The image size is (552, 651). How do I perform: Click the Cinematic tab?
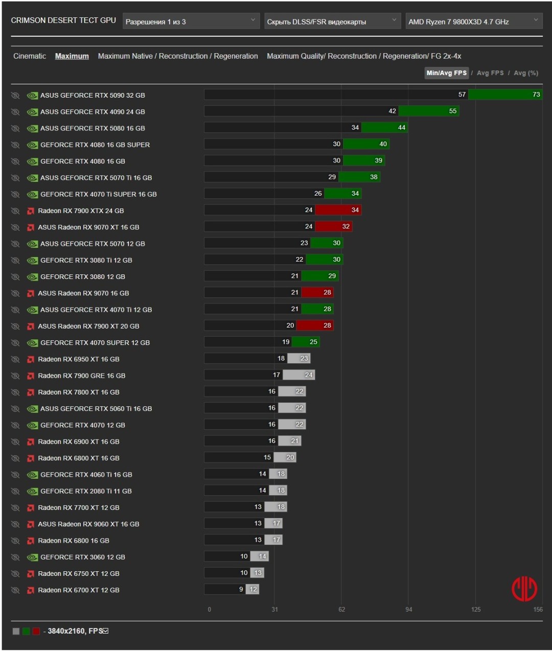(30, 56)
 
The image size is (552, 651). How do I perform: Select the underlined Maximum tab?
(72, 56)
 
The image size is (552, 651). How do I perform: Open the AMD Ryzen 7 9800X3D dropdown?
(473, 21)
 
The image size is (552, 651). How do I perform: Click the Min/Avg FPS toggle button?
(446, 73)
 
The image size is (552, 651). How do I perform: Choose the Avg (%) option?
(526, 73)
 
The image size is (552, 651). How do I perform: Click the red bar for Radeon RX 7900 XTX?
(338, 210)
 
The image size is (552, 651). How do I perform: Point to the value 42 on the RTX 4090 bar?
(392, 111)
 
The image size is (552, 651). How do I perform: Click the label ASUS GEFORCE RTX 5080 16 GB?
(93, 128)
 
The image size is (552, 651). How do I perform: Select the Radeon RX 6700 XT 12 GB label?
(79, 590)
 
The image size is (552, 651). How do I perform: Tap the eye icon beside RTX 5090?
(15, 96)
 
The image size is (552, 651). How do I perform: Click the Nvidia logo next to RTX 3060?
(32, 557)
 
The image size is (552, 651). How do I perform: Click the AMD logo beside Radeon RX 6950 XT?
(31, 359)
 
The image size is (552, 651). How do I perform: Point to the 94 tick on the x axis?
(408, 610)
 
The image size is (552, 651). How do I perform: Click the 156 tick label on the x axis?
(538, 610)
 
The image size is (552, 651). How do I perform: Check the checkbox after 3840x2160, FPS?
(106, 631)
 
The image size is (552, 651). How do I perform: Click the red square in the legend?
(36, 632)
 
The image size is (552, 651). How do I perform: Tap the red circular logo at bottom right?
(524, 589)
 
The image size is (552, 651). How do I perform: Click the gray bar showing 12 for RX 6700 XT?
(254, 589)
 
